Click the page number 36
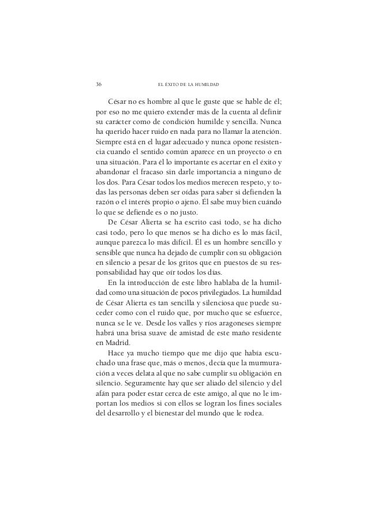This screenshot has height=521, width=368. click(x=99, y=84)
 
